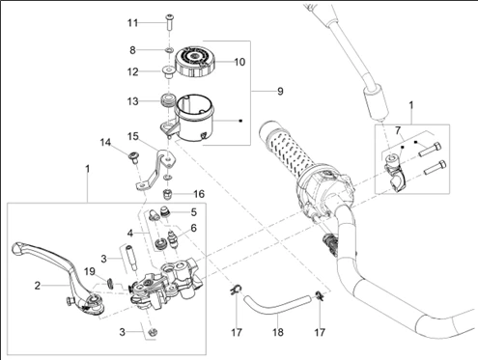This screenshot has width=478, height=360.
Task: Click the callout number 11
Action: [x=132, y=23]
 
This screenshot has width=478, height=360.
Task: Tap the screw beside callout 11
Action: [x=170, y=22]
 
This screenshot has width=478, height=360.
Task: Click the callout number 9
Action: [x=280, y=92]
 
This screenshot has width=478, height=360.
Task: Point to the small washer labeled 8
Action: [x=170, y=50]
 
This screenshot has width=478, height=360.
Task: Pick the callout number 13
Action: [x=132, y=101]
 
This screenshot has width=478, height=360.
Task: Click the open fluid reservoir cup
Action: [x=190, y=118]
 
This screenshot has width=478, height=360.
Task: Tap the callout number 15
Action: [x=132, y=136]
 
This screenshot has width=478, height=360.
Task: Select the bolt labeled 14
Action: [x=132, y=157]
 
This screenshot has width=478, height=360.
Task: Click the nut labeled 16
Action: [x=167, y=194]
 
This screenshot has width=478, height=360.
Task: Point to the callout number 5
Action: [x=193, y=212]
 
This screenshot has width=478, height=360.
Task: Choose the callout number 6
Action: [x=193, y=228]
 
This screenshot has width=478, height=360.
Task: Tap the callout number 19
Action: [x=90, y=271]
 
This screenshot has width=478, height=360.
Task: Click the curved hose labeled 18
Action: [x=277, y=306]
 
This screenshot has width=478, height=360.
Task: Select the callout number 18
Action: [x=278, y=332]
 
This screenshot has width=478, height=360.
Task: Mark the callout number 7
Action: [x=398, y=130]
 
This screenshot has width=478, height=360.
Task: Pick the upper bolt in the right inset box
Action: [x=430, y=149]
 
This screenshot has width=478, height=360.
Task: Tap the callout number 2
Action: [x=38, y=286]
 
